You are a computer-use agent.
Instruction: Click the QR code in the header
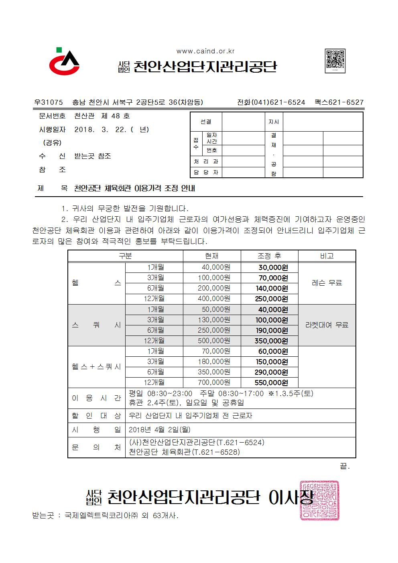tap(335, 61)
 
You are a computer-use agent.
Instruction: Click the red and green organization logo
tap(64, 62)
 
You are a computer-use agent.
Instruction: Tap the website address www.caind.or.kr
tap(205, 51)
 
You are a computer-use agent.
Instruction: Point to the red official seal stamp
tap(319, 500)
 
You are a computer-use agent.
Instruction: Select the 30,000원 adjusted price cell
tap(272, 268)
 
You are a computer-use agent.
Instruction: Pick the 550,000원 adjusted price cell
tap(272, 383)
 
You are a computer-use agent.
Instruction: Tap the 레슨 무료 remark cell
tap(327, 283)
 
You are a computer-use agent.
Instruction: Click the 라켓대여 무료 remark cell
tap(327, 325)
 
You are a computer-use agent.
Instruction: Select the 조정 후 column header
tap(269, 256)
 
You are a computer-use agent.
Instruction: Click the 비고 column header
tap(327, 256)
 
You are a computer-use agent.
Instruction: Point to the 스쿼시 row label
tap(96, 325)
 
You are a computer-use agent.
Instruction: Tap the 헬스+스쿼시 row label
tap(96, 367)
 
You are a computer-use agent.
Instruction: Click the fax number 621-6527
tap(345, 102)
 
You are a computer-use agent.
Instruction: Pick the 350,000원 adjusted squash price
tap(272, 341)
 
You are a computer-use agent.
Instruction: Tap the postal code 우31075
tap(49, 102)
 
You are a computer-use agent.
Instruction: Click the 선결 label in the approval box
tap(206, 122)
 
